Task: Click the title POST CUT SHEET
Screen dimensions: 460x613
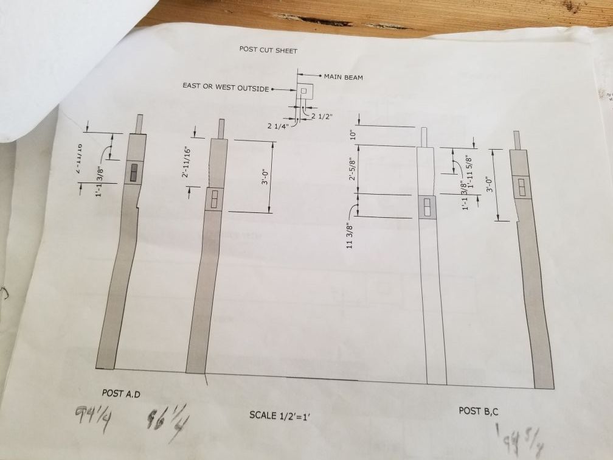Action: pos(268,49)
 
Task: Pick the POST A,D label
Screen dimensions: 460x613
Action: pos(121,394)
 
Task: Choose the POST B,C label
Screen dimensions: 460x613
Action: pos(479,411)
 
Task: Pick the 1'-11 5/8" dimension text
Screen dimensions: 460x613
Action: pos(468,172)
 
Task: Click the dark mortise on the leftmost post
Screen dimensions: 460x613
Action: pos(133,173)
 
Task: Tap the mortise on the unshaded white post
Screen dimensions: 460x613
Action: pos(427,207)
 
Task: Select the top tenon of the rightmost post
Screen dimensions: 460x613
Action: pos(517,139)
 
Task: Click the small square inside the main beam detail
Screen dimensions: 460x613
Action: pos(303,91)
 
